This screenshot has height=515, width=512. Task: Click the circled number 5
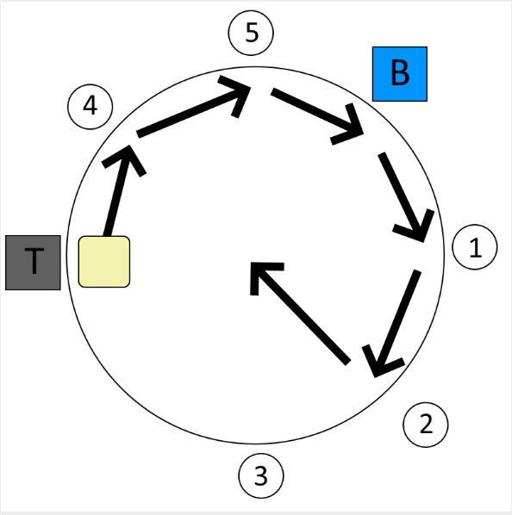click(x=251, y=33)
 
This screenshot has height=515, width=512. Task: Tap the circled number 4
click(x=91, y=107)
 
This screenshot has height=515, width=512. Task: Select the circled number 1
click(x=475, y=247)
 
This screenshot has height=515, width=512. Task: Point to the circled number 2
click(x=426, y=425)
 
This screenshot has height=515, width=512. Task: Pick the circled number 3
click(x=261, y=476)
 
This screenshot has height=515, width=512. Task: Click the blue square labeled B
click(x=400, y=74)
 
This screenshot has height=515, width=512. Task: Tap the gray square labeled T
click(x=34, y=263)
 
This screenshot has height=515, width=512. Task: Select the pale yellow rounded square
click(x=104, y=262)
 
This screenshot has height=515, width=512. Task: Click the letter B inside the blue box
click(x=400, y=73)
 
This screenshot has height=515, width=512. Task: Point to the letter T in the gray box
click(x=34, y=261)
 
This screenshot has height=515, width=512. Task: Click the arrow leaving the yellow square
click(x=119, y=190)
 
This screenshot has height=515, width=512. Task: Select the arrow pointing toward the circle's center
click(x=300, y=313)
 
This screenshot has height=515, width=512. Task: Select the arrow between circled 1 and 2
click(x=395, y=324)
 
